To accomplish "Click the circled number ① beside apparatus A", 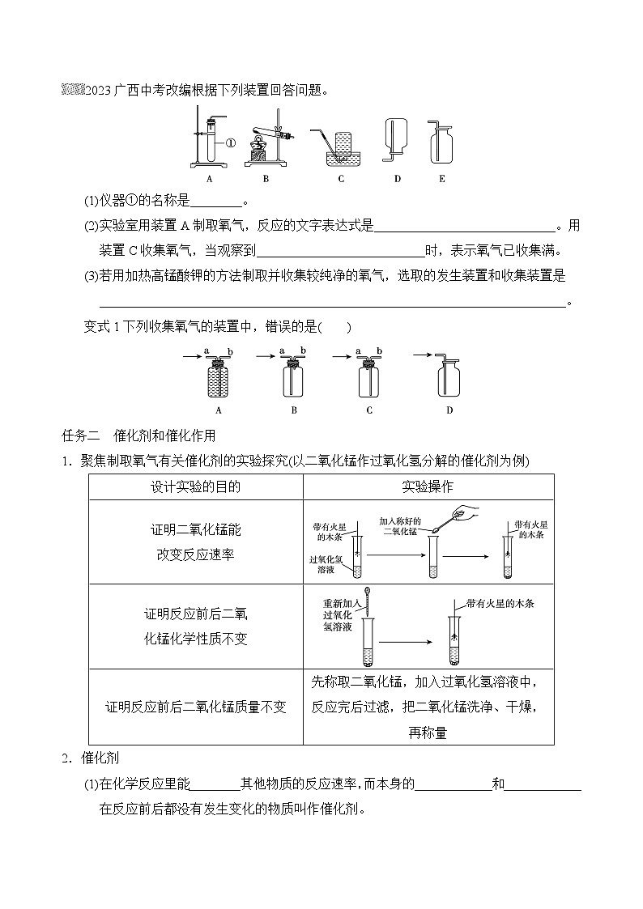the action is click(229, 144).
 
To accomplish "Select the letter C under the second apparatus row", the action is click(369, 410).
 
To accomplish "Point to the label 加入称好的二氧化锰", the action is click(402, 526).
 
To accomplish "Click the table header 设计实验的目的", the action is click(195, 486).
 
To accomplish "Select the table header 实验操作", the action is click(428, 486).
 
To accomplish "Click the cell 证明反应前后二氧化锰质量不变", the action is click(195, 707).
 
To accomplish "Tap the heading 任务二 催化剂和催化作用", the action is click(138, 436).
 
